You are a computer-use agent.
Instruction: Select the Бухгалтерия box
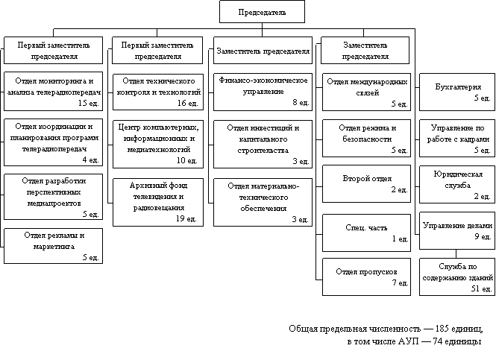tap(456, 91)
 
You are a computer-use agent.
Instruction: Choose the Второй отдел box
tap(366, 183)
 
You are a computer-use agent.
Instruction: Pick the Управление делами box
tap(456, 230)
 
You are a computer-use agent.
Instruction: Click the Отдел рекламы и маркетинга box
tap(53, 247)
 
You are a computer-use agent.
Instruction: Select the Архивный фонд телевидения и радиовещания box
tap(157, 201)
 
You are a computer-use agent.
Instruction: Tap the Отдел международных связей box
tap(366, 91)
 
